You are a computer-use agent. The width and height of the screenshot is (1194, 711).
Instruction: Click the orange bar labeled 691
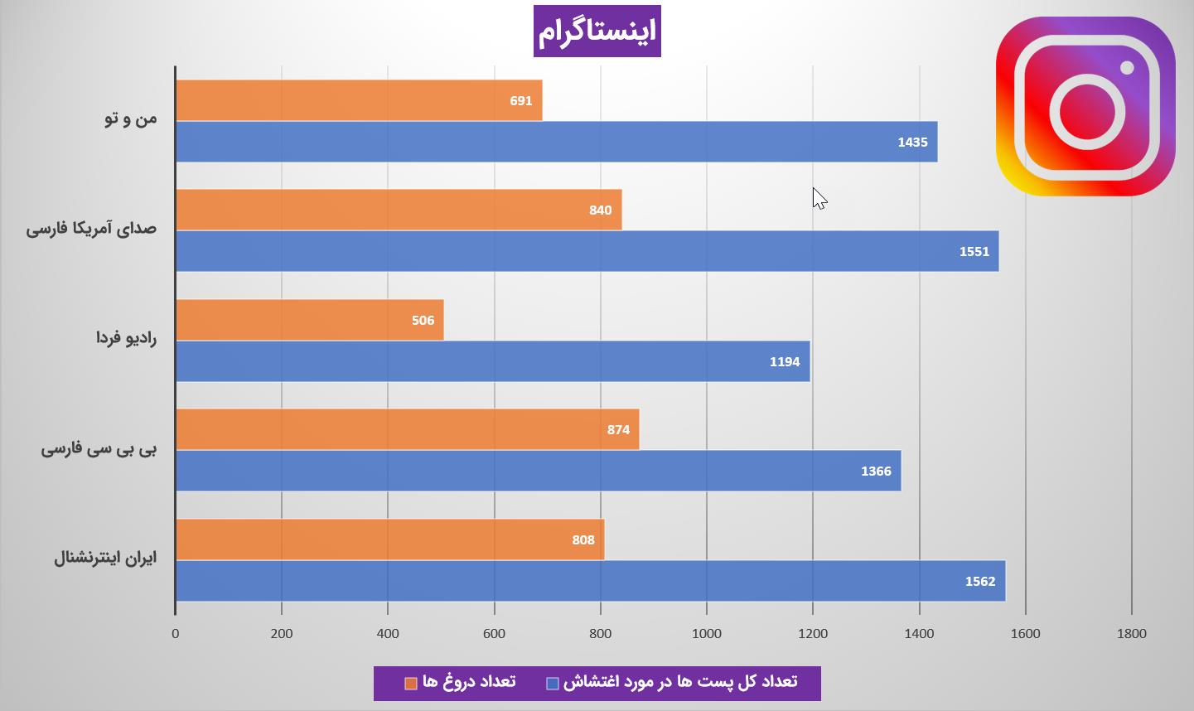click(x=360, y=100)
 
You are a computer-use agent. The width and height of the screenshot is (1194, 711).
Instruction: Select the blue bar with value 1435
click(x=557, y=142)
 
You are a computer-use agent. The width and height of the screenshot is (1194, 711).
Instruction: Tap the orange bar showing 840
click(x=399, y=210)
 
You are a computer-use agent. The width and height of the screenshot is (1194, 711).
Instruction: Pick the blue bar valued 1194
click(x=493, y=361)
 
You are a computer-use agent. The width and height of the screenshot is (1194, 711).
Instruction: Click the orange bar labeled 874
click(x=408, y=429)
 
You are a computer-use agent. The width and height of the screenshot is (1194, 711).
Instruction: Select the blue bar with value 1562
click(x=591, y=581)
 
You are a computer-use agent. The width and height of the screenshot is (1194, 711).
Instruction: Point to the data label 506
click(x=423, y=321)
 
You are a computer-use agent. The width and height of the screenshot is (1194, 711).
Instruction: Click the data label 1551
click(x=974, y=252)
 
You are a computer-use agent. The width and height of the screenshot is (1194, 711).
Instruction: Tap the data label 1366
click(x=876, y=472)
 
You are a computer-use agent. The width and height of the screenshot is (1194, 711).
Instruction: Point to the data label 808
click(x=583, y=540)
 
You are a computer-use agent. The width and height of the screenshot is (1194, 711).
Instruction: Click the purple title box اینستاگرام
click(x=597, y=31)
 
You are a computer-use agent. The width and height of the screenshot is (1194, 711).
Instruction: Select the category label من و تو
click(x=131, y=118)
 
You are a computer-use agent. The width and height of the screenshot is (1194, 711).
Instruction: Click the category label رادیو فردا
click(x=126, y=338)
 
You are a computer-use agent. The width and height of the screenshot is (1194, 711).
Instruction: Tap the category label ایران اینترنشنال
click(x=105, y=558)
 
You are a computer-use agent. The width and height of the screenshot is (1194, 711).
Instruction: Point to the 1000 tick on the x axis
click(x=707, y=633)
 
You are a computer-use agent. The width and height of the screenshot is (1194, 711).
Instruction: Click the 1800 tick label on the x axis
click(x=1132, y=633)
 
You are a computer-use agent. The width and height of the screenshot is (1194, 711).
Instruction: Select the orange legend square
click(x=410, y=684)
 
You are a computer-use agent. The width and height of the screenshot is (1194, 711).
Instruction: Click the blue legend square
click(x=553, y=684)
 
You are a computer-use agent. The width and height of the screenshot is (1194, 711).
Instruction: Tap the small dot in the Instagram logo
click(x=1127, y=68)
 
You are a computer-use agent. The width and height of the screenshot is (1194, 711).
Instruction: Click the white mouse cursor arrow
click(x=819, y=199)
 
